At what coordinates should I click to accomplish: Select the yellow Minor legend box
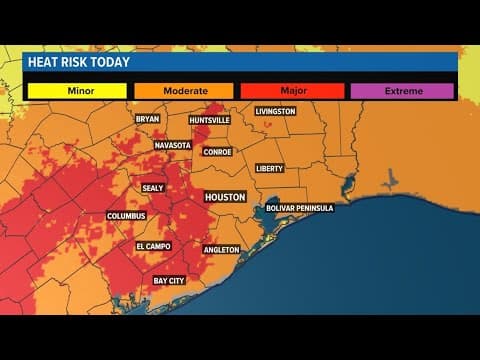tap(76, 91)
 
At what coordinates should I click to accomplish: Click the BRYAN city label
tap(147, 119)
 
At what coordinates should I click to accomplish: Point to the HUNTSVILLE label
tap(210, 120)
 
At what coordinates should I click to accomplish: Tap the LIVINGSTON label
tap(275, 111)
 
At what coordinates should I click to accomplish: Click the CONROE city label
tap(217, 152)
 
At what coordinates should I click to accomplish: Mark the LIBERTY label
tap(270, 168)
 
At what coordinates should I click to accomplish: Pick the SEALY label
tap(153, 187)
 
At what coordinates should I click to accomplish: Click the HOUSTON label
tap(225, 197)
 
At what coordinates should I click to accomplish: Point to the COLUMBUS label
tap(126, 215)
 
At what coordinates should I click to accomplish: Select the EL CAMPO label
tap(153, 246)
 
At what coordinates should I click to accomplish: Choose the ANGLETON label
tap(221, 249)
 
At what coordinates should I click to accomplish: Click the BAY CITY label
tap(169, 281)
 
